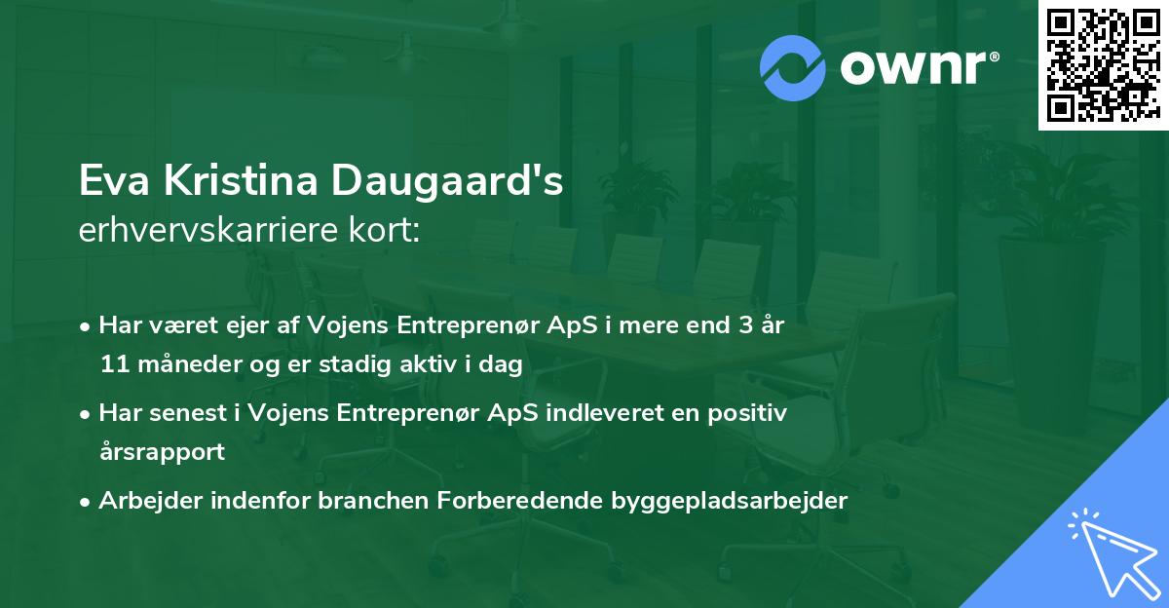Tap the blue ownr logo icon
pos(793,68)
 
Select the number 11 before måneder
pos(113,365)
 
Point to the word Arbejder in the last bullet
pos(146,500)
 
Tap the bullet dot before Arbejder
pos(86,500)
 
